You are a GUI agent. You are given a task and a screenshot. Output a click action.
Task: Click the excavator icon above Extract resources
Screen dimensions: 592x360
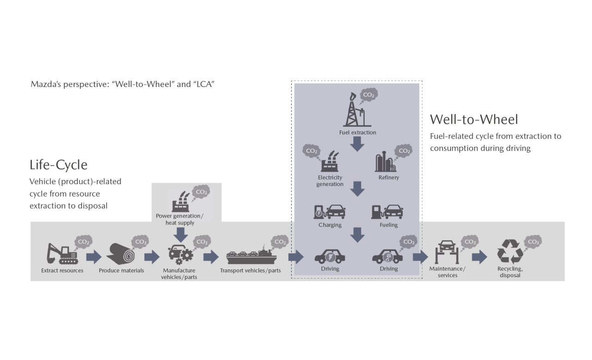62,254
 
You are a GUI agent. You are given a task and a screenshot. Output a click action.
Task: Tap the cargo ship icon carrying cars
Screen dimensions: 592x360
251,255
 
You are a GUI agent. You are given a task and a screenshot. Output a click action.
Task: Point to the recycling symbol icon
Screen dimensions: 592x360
510,251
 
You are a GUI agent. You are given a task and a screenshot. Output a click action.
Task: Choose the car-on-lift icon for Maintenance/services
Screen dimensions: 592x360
447,252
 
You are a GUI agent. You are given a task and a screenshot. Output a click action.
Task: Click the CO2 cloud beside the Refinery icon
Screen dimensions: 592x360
403,151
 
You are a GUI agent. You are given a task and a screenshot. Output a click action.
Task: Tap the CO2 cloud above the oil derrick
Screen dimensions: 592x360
369,94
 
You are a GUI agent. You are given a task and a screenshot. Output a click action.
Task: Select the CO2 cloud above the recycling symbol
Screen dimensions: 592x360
533,242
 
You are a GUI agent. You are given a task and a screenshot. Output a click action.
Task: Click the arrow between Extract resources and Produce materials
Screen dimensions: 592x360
94,257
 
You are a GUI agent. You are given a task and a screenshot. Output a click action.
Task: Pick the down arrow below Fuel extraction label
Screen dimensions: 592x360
358,144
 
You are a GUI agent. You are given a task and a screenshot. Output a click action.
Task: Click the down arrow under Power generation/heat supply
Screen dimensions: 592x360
181,235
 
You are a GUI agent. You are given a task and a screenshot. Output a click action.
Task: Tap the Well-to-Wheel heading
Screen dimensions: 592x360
474,119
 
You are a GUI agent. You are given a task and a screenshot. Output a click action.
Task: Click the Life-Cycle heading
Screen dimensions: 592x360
58,165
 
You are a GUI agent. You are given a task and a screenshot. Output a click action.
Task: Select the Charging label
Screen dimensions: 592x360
330,225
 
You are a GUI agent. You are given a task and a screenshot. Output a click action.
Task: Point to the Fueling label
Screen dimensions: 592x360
388,225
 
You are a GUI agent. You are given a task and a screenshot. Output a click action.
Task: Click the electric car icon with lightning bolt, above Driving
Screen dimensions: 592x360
330,256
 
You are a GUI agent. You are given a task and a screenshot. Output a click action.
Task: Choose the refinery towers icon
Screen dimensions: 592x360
385,161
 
